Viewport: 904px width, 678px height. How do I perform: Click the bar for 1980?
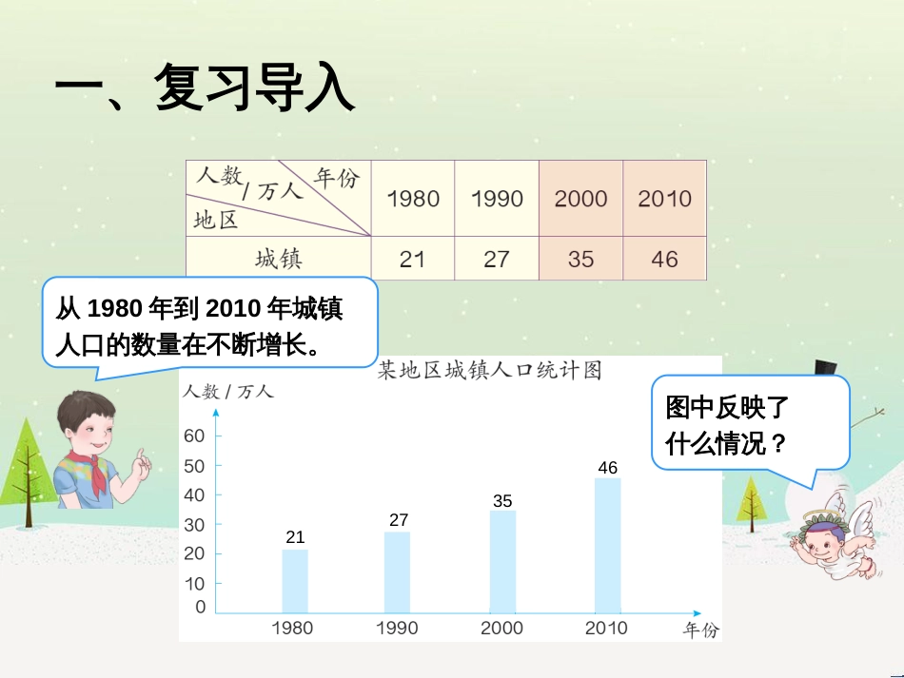tap(295, 580)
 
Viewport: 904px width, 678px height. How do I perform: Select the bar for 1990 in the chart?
tap(398, 571)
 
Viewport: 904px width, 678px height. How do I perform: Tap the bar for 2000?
tap(503, 561)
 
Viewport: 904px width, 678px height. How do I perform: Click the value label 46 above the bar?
tap(607, 468)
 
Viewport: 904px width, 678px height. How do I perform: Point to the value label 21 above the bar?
tap(295, 538)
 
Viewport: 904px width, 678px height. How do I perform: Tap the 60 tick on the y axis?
tap(194, 436)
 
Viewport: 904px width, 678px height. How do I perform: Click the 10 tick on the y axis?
tap(194, 583)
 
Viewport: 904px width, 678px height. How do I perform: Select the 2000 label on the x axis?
tap(501, 628)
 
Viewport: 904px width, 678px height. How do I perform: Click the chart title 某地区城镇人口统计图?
tap(490, 370)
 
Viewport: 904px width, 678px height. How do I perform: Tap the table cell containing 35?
tap(580, 259)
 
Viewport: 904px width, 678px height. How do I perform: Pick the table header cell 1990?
tap(497, 199)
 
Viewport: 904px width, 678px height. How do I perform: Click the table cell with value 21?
tap(412, 259)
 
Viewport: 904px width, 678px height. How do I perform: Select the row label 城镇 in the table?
tap(278, 259)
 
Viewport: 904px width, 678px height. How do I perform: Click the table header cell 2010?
tap(664, 199)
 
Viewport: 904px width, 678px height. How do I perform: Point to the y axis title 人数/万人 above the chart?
tap(228, 391)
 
